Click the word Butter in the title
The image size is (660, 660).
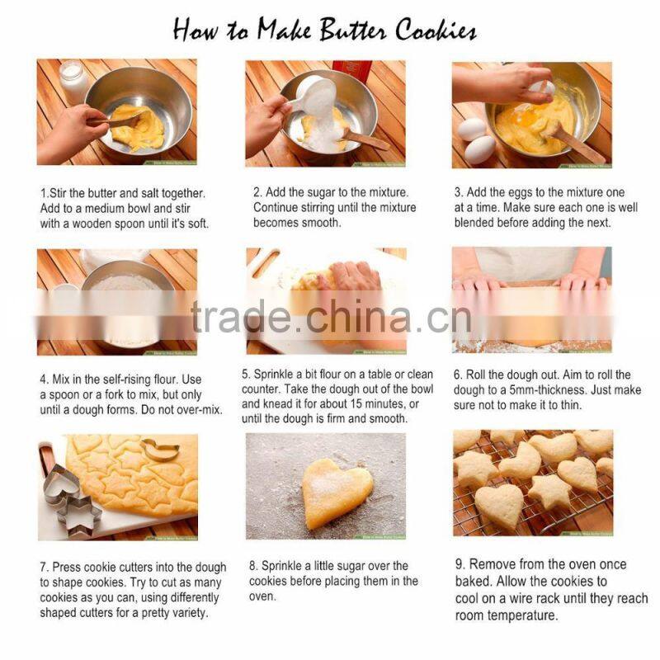(x=353, y=30)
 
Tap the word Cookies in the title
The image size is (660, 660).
(x=436, y=30)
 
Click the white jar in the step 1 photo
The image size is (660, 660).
(x=74, y=81)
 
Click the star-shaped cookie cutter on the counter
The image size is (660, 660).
(x=80, y=516)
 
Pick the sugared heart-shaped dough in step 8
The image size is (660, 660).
(x=337, y=492)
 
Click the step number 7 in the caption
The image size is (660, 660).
(x=44, y=568)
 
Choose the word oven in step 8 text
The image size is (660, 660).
(x=262, y=596)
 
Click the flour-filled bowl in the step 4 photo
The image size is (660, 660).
(x=125, y=304)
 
